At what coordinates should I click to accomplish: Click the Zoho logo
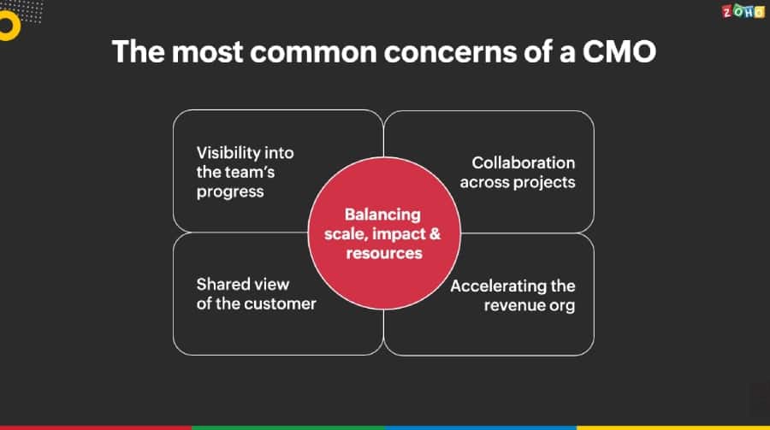743,11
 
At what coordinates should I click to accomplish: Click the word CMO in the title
619,51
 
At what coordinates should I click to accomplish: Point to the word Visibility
228,153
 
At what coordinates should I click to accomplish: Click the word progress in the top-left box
230,192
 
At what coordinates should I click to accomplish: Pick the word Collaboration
524,162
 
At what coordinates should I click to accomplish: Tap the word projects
544,182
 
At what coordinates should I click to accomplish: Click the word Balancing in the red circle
382,215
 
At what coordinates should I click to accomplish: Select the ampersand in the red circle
435,233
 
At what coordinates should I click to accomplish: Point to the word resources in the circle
384,253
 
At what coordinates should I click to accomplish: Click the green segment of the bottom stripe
288,427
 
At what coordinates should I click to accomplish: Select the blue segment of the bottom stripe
481,427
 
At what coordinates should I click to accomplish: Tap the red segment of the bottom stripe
96,427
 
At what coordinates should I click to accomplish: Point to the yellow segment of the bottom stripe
673,427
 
